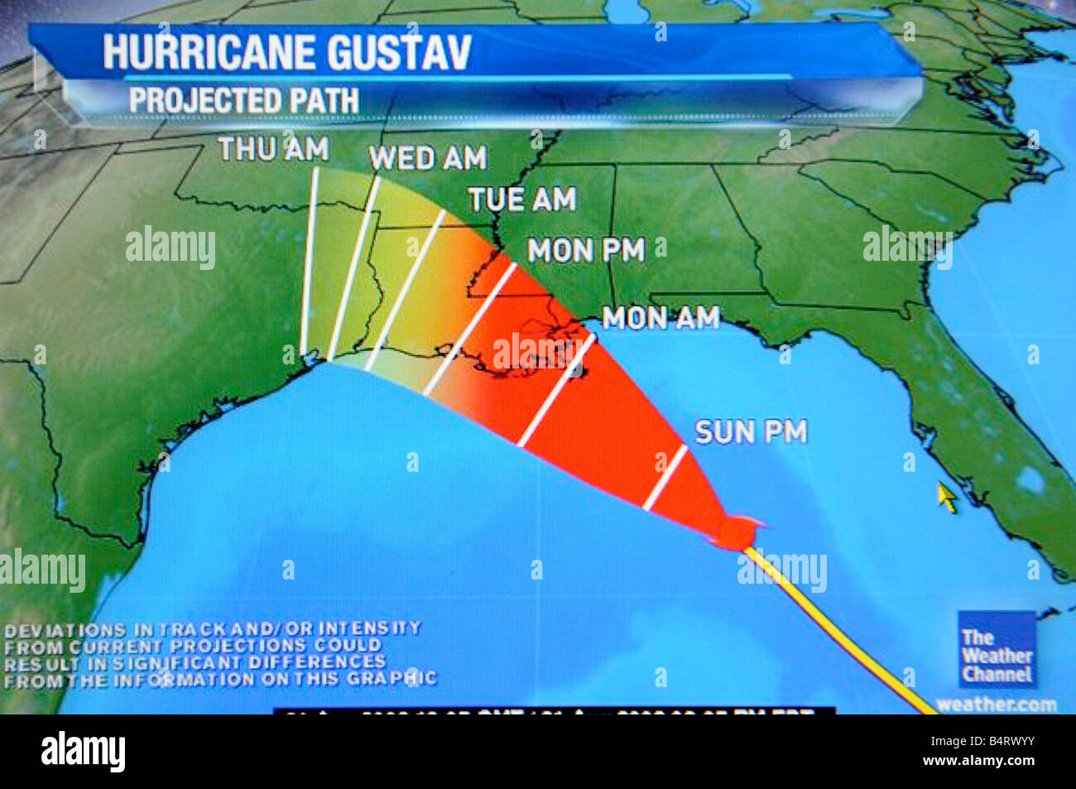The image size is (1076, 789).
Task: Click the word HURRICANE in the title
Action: point(209,52)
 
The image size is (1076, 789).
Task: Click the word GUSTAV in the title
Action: point(400,52)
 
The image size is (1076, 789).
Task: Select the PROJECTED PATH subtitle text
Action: point(244,100)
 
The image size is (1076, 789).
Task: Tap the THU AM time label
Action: point(273,149)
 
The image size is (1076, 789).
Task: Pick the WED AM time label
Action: point(427,157)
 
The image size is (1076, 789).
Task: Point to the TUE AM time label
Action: point(521,200)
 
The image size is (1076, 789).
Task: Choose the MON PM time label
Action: point(586,250)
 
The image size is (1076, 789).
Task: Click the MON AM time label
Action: point(660,317)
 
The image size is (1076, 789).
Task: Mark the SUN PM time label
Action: point(750,431)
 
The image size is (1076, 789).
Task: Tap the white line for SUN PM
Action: point(665,479)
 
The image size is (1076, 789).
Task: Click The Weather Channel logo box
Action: point(997,650)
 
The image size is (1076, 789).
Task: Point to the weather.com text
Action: point(996,705)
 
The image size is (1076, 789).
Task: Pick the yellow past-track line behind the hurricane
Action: point(836,629)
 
